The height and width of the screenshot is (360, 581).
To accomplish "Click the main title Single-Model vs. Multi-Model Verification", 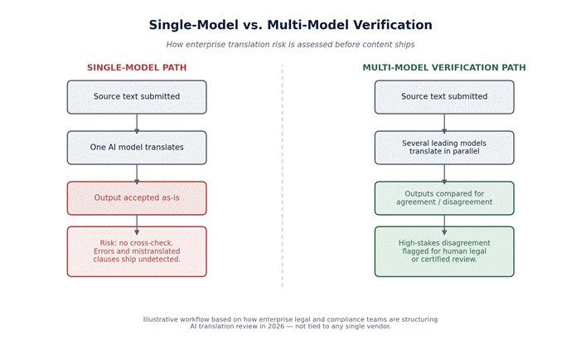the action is point(290,25).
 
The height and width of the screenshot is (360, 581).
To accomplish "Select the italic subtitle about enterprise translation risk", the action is point(290,45).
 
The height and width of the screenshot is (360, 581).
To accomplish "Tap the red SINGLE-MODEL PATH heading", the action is point(137,67).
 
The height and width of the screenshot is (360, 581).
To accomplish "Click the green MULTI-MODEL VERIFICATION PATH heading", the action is point(444,67).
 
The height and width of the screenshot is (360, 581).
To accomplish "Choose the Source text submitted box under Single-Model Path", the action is point(137,97).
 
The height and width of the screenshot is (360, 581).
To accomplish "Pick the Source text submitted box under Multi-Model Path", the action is point(444,97).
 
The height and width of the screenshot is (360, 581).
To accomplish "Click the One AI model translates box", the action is point(137,148).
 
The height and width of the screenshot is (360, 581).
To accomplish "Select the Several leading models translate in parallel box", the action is point(444,148).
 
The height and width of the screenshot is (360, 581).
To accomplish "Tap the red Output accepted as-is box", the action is point(137,198).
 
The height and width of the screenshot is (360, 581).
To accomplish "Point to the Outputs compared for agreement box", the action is point(444,198).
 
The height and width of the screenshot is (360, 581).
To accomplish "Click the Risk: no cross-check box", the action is point(137,251).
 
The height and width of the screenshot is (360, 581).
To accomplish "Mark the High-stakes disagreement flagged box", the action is point(444,251).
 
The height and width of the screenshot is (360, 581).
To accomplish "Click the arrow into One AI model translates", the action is point(137,123).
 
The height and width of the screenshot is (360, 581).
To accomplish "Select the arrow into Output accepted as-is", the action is point(137,173).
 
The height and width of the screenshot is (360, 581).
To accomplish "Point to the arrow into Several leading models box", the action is point(444,123).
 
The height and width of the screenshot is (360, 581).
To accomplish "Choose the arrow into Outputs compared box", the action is point(444,173).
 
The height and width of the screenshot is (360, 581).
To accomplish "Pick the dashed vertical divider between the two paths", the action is point(282,176).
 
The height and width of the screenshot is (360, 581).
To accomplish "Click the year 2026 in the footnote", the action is point(277,326).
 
